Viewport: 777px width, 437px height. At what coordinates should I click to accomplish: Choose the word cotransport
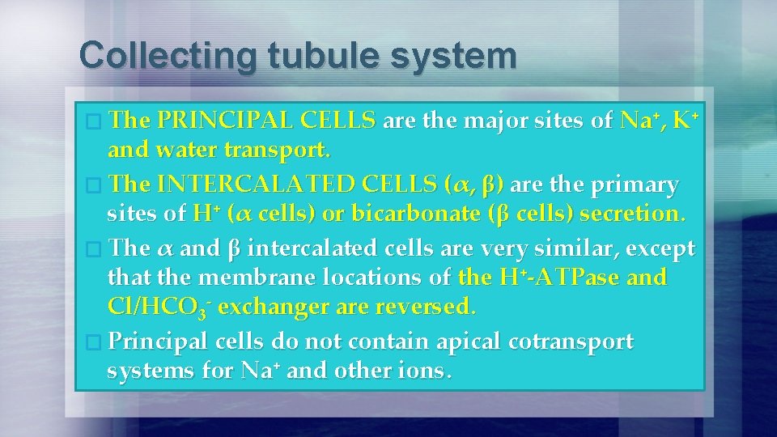(x=571, y=342)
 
